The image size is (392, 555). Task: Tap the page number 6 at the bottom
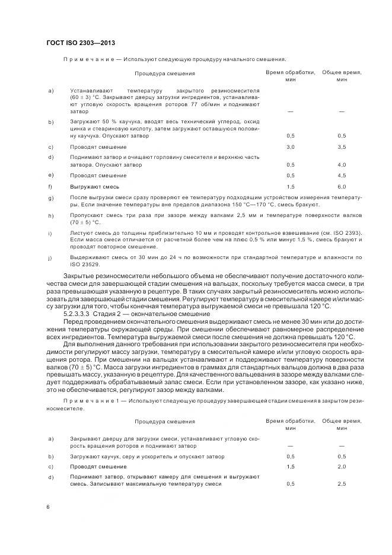coord(48,508)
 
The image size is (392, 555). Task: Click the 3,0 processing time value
coord(291,146)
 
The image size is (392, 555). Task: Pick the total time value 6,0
coord(342,186)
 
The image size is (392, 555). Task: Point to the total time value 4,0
coord(342,164)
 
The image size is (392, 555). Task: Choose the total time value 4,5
coord(342,176)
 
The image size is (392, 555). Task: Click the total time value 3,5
coord(342,146)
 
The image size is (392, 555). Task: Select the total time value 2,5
coord(342,484)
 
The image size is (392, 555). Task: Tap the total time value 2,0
coord(342,467)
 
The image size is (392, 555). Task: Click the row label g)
coord(51,197)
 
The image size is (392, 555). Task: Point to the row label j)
coord(51,257)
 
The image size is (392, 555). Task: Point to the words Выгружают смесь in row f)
coord(91,186)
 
